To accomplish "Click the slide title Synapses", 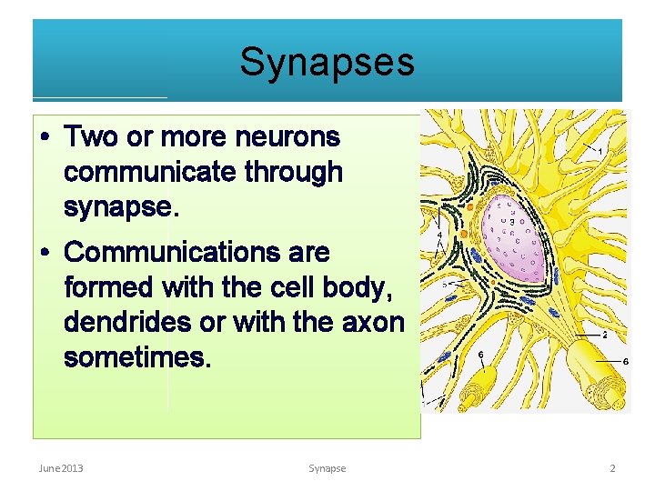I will [x=327, y=63].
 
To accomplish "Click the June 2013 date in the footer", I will [x=61, y=468].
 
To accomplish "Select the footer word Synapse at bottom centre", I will [x=327, y=468].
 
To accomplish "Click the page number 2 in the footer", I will [x=612, y=468].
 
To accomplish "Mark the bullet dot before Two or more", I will [x=45, y=139].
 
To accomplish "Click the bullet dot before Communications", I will [x=45, y=253].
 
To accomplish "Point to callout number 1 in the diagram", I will [x=600, y=151].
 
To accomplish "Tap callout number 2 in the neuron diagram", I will [x=605, y=335].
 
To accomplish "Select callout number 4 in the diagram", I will [x=440, y=235].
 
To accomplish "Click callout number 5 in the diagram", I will [x=445, y=284].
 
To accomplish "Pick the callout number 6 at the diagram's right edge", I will [x=624, y=361].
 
